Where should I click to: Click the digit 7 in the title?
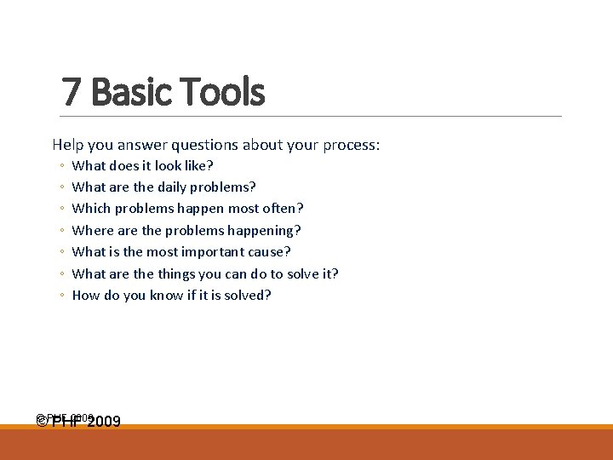click(x=72, y=92)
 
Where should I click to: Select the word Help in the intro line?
click(x=68, y=145)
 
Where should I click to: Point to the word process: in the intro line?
click(x=351, y=145)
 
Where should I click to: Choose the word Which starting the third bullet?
click(x=91, y=208)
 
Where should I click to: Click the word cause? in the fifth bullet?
click(x=270, y=251)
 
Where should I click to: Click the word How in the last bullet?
click(x=85, y=295)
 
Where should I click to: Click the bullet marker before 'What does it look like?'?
click(x=62, y=166)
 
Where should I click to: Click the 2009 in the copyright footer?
click(x=104, y=421)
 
